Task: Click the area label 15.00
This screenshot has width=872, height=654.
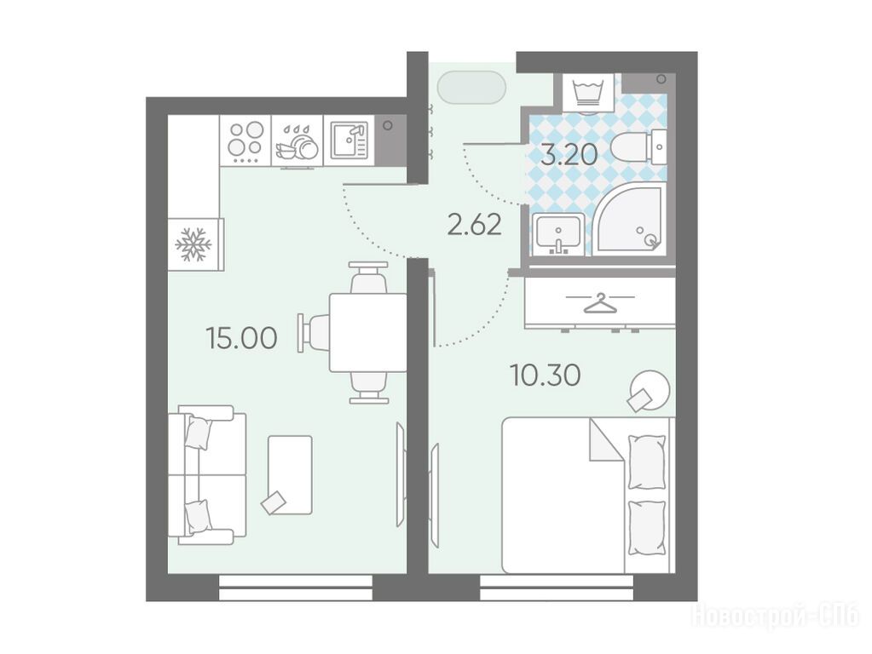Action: click(x=241, y=337)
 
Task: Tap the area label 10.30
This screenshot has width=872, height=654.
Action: click(x=546, y=376)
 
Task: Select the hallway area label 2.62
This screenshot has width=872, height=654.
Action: click(x=475, y=225)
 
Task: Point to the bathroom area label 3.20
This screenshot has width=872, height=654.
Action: click(x=569, y=155)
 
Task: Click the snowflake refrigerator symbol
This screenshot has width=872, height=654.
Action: click(x=193, y=244)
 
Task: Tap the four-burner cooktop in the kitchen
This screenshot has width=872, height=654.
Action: click(x=245, y=140)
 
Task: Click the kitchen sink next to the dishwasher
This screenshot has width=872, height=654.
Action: click(x=349, y=140)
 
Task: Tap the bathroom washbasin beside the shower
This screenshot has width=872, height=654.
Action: click(x=557, y=234)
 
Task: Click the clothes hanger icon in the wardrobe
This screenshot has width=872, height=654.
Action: click(x=600, y=304)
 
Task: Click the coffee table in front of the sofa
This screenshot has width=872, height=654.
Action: click(x=290, y=475)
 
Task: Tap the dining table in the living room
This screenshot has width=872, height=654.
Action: click(x=368, y=332)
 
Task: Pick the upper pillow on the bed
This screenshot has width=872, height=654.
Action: click(x=647, y=462)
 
